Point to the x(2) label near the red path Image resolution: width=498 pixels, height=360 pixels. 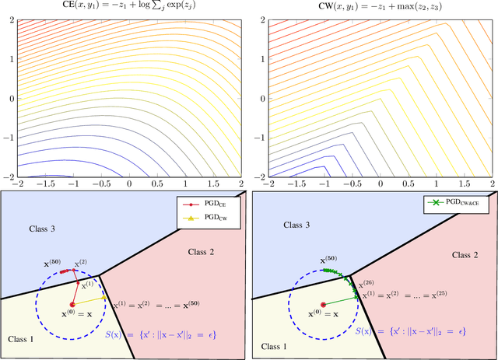[x=82, y=264]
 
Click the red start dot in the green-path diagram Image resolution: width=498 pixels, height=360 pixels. [x=323, y=305]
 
